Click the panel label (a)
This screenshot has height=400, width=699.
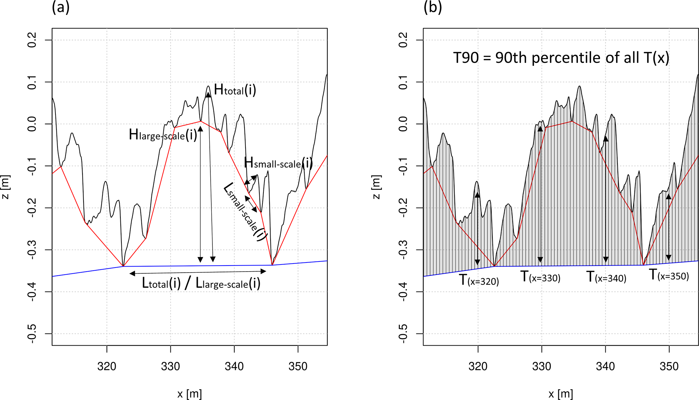61,7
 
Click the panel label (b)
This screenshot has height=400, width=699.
433,7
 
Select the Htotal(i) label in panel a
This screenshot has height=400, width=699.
235,90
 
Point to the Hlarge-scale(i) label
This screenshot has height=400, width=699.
163,135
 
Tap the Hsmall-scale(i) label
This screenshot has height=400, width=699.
278,163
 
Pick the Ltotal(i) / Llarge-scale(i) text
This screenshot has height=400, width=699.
201,283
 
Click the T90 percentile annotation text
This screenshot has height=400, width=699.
561,58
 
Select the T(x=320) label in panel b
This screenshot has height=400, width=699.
479,280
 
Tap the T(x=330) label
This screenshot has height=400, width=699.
540,277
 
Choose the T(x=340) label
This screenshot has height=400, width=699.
606,277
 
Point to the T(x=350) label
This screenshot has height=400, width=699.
669,275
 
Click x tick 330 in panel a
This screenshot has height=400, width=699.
170,366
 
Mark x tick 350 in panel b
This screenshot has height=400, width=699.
669,366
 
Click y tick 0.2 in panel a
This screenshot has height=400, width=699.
32,40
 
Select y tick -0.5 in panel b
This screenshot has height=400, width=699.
403,333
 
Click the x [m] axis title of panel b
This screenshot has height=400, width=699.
561,394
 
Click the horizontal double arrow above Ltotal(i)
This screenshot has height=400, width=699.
198,272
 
